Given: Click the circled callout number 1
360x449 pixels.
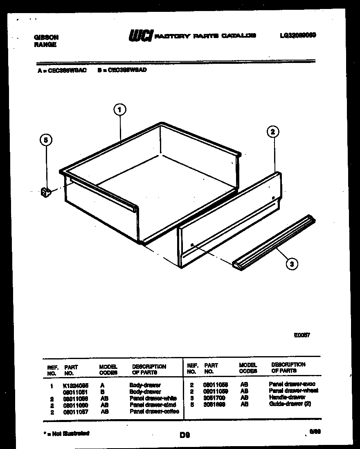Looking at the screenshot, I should click(x=119, y=110).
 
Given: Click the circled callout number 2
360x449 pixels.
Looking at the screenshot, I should click(x=273, y=132).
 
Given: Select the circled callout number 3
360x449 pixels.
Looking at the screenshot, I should click(x=291, y=264).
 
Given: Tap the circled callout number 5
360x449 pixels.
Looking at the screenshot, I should click(x=46, y=140).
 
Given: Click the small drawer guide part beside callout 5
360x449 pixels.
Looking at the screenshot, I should click(x=45, y=191).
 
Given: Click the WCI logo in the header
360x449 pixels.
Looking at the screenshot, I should click(x=141, y=36).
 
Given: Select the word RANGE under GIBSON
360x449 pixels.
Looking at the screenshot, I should click(x=45, y=45).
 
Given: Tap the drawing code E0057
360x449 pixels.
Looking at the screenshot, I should click(x=302, y=335).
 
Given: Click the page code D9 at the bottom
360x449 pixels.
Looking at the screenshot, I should click(x=185, y=436).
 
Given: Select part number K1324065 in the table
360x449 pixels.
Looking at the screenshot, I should click(x=76, y=385).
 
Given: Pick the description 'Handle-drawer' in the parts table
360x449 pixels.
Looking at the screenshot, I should click(x=287, y=397).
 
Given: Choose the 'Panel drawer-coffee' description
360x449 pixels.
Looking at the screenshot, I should click(x=154, y=411).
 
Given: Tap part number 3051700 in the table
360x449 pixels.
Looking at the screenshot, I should click(x=214, y=397).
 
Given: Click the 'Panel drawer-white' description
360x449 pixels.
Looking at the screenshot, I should click(x=153, y=398).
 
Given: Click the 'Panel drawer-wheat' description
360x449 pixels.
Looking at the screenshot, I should click(x=293, y=391).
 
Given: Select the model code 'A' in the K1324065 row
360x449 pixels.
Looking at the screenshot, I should click(x=102, y=385).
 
